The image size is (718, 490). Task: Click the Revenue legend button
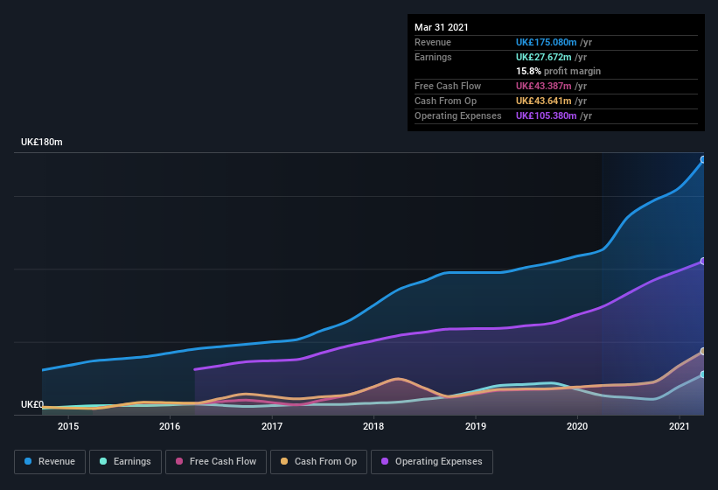50,461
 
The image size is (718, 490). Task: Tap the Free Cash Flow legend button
216,461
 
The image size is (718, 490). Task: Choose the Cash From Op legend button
318,461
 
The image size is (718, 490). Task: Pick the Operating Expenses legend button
431,461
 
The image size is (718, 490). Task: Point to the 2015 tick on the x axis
68,426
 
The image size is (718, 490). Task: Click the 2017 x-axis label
272,426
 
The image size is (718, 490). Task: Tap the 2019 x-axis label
476,426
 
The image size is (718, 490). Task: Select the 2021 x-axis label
680,426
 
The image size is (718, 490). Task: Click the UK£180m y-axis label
42,142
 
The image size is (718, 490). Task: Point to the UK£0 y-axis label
32,404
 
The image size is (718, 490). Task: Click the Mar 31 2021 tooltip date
442,27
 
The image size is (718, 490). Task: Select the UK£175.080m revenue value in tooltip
546,42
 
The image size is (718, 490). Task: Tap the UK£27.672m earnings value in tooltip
543,57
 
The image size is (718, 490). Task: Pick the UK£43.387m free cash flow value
543,86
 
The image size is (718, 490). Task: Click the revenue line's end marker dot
703,160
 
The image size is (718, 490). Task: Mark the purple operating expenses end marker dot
703,262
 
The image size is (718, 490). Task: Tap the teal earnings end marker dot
703,374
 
